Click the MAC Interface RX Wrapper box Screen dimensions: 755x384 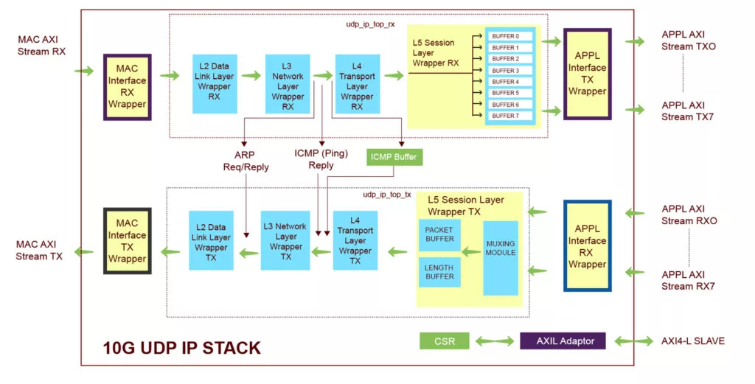127,87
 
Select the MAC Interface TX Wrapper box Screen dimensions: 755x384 127,240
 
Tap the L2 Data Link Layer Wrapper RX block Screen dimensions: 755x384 215,84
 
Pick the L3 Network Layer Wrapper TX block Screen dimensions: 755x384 285,240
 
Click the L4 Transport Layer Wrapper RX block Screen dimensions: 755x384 358,84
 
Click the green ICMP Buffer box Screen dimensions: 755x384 395,157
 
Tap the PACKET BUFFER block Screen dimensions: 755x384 439,235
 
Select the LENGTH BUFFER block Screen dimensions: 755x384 439,272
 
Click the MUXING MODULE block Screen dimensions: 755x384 501,258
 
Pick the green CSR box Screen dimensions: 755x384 445,341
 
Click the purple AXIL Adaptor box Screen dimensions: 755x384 563,341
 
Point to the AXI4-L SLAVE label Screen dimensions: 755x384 693,341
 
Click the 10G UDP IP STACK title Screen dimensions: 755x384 182,348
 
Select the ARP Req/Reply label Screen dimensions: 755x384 246,161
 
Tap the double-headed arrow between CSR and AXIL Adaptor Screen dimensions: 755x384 495,341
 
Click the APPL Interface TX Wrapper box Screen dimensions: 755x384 588,74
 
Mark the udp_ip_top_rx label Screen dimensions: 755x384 370,24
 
